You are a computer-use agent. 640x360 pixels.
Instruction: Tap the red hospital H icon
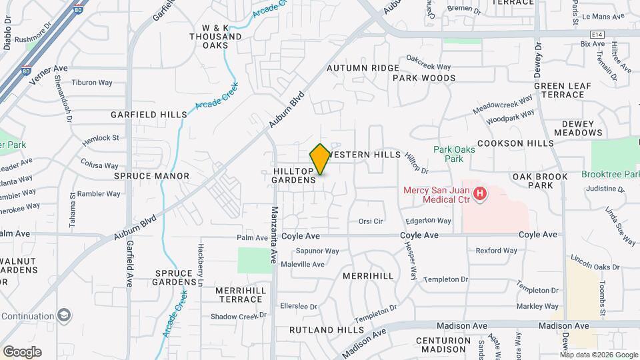pos(479,195)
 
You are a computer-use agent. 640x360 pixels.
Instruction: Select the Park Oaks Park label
pos(454,154)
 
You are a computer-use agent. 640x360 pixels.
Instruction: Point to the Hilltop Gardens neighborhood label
pos(294,176)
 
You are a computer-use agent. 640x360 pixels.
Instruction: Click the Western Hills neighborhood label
pos(365,155)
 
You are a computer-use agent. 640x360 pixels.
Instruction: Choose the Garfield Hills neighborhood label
pos(149,115)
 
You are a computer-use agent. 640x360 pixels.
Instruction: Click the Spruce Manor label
pos(151,176)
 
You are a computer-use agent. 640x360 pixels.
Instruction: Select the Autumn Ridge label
pos(363,68)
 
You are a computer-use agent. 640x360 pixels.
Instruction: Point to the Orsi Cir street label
pos(371,221)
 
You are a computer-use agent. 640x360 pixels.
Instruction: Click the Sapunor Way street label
pos(317,251)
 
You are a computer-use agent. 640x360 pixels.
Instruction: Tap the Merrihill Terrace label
pos(241,295)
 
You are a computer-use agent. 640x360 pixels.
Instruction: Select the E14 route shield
pos(596,35)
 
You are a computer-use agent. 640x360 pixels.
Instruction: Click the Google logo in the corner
pos(21,352)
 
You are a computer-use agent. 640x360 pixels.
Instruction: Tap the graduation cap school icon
pos(65,315)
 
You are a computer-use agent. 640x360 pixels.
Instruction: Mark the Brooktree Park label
pos(610,173)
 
